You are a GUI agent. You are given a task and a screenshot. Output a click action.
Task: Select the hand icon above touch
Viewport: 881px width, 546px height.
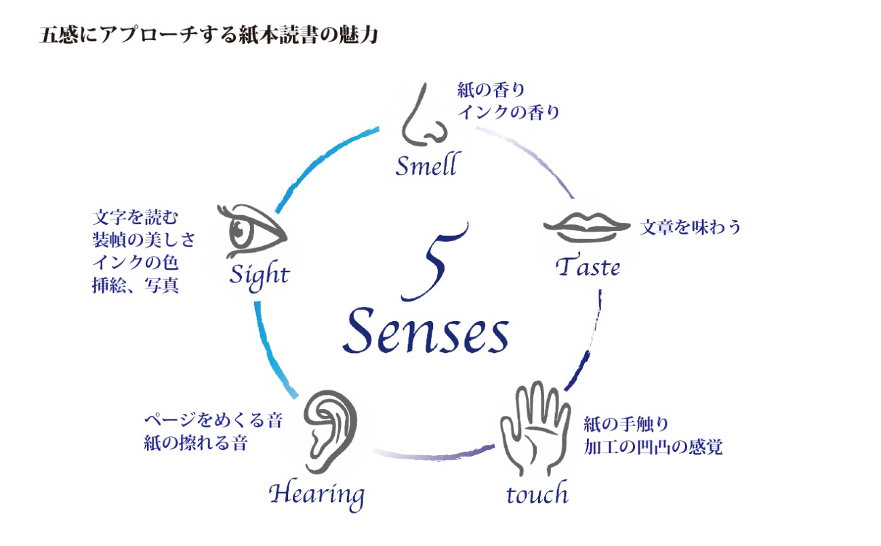coord(535,423)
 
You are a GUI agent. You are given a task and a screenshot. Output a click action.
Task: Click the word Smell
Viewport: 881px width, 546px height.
coord(426,165)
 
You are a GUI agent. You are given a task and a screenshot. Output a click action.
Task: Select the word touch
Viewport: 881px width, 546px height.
coord(537,494)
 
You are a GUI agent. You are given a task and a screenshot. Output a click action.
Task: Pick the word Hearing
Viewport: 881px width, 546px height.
coord(316,495)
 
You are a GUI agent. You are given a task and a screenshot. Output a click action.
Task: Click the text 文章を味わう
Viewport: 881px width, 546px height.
coord(691,227)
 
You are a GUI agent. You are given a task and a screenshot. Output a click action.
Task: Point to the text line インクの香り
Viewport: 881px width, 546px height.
coord(508,112)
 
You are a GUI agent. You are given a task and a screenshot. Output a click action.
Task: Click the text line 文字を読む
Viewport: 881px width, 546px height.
coord(135,218)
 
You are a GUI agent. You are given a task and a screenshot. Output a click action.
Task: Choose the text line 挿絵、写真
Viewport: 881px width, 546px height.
coord(135,285)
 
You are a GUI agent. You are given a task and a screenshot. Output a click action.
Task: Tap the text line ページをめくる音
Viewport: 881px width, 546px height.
coord(213,421)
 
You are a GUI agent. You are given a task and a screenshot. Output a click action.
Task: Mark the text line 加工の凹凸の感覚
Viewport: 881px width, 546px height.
coord(653,447)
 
